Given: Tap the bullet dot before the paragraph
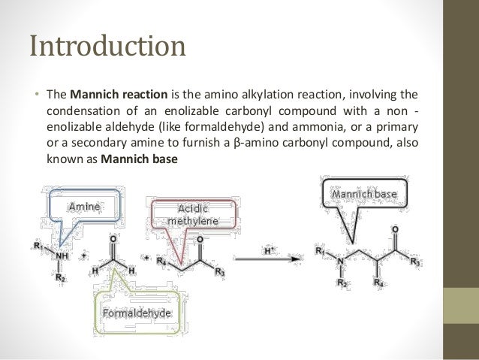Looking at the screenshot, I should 35,95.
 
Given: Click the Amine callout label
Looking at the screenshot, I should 84,205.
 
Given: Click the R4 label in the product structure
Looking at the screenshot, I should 380,284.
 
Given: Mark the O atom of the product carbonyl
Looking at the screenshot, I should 395,228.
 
